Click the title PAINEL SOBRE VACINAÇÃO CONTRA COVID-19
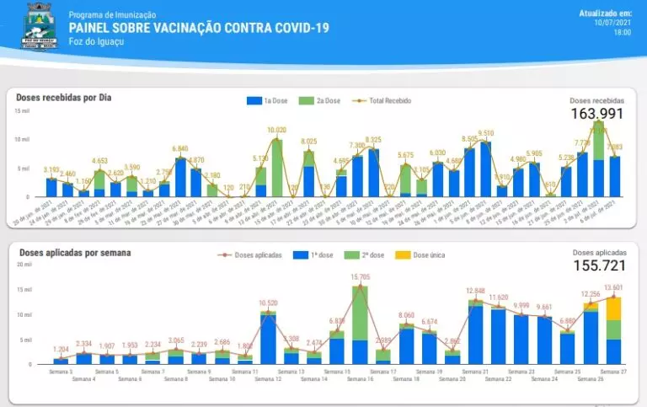pos(199,28)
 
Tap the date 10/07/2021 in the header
pos(613,23)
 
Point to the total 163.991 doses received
pos(597,114)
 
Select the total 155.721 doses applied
pos(599,265)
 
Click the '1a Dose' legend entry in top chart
pos(270,101)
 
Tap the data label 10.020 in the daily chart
pos(276,131)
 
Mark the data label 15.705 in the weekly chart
pos(360,276)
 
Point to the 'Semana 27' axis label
pos(613,371)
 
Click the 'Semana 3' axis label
pos(61,371)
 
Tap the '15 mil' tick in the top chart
pos(22,110)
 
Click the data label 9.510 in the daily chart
pos(485,133)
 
